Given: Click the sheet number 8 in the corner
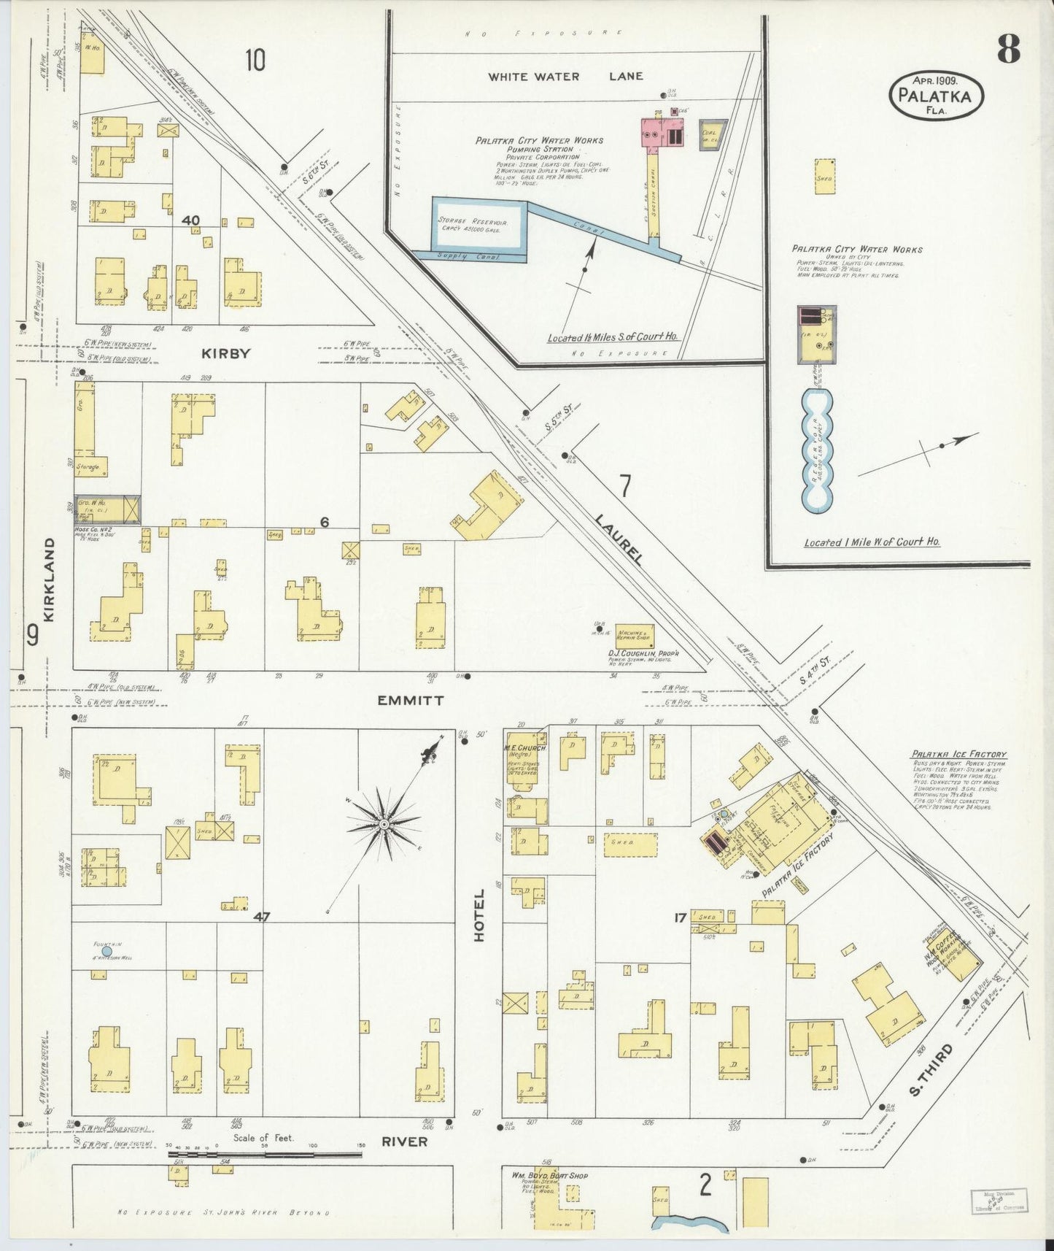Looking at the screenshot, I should coord(1009,50).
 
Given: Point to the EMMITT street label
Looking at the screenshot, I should coord(410,701).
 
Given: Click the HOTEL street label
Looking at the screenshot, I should coord(479,915).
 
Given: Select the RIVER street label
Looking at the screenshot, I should coord(404,1142).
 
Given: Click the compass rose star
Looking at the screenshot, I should coord(383,824).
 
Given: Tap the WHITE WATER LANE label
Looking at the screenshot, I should coord(565,76).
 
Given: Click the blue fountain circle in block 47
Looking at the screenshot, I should coord(106,951).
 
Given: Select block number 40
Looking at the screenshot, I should coord(191,220).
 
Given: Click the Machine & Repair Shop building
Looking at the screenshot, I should coord(633,635).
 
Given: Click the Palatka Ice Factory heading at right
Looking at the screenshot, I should coord(958,754).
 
